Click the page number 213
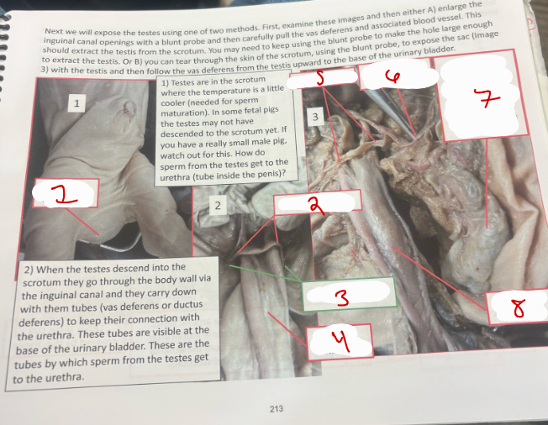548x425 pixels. point(276,408)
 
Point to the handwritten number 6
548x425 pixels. point(394,76)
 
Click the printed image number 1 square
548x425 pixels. point(76,103)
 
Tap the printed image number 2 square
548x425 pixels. point(216,205)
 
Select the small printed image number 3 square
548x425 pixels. point(314,117)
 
